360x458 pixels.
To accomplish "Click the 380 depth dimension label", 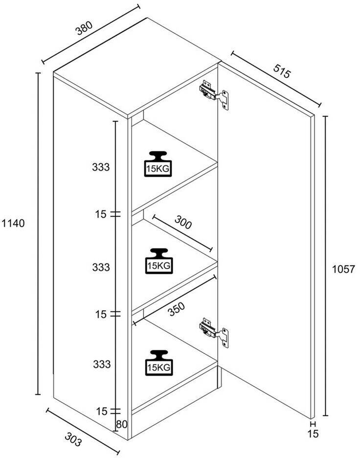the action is pos(85,28).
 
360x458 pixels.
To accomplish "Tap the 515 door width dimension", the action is pos(282,70).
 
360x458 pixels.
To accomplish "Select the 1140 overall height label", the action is pos(13,224).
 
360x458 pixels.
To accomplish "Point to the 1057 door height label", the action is pos(343,269).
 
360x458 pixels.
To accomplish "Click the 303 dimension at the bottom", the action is pos(73,440).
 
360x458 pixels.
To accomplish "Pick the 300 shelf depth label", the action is pos(183,222).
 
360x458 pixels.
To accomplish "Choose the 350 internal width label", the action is pos(177,309).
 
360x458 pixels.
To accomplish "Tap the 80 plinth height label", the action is pos(122,424).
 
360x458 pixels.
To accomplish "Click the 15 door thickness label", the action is pos(313,434).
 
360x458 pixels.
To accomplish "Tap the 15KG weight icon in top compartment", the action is pos(158,164).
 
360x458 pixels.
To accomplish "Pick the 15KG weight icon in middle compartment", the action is pos(159,261).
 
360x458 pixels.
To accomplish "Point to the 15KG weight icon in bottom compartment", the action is pos(159,363).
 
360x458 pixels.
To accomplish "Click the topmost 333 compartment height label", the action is pos(101,167).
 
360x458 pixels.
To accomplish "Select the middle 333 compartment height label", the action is pos(101,267).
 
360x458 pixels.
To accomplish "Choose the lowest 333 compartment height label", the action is pos(102,364).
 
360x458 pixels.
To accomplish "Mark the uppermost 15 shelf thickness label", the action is pos(101,214).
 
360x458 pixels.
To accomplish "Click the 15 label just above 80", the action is pos(102,411).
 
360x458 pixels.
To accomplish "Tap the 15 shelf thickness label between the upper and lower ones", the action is pos(101,314).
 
